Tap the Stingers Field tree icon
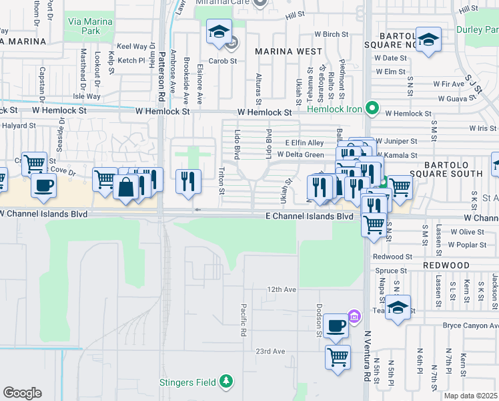tap(227, 382)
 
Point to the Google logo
tap(22, 393)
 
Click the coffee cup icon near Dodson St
tap(336, 325)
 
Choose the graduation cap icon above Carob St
tap(218, 31)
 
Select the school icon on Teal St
tap(398, 308)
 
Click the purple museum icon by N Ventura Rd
tap(354, 315)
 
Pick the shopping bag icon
tap(125, 186)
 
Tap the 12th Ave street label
tap(281, 289)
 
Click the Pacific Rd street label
tap(244, 319)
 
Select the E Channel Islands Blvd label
tap(309, 217)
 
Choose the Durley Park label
tap(477, 29)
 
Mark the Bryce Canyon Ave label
tap(470, 325)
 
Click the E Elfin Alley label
tap(304, 142)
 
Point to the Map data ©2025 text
tap(470, 396)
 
